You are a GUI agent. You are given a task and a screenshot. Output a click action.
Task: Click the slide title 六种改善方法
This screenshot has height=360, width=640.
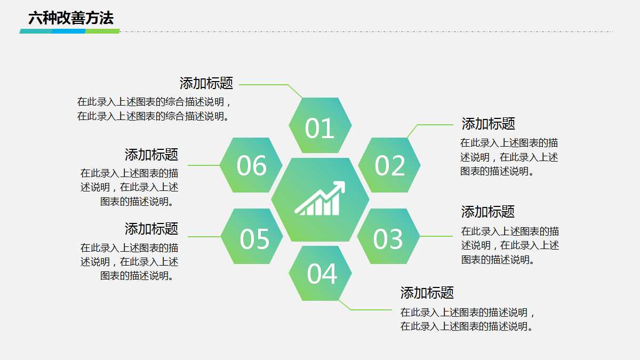[x=71, y=19]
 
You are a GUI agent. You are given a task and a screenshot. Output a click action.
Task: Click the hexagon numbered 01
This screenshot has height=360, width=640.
[x=320, y=126]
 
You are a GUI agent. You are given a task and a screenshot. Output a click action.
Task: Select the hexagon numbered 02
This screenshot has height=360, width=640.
[x=390, y=165]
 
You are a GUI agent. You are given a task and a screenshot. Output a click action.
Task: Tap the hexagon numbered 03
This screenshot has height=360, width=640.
[x=388, y=237]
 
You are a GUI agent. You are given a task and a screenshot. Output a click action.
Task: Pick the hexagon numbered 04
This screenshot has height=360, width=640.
[x=321, y=273]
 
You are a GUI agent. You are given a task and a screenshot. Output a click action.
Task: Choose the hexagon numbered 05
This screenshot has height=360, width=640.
[x=253, y=237]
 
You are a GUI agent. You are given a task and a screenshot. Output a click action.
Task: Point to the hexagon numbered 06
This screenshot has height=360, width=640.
[x=251, y=165]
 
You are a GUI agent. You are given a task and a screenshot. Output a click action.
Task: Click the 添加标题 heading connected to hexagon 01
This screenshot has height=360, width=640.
[x=206, y=83]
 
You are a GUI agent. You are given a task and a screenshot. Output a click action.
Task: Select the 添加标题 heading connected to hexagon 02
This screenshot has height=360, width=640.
[x=488, y=124]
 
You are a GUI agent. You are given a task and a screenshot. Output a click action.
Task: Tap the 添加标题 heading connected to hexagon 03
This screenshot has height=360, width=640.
[x=487, y=212]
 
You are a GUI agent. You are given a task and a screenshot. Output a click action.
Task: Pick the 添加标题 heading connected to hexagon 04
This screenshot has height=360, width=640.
[x=427, y=292]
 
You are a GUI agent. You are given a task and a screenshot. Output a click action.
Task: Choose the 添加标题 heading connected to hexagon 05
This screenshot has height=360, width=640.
[x=151, y=229]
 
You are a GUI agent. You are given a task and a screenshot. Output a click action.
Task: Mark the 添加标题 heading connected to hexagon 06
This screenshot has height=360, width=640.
[x=151, y=155]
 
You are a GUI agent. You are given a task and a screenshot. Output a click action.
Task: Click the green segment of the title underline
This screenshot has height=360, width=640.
[x=102, y=31]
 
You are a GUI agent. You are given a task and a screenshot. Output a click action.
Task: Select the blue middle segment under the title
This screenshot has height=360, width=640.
[x=69, y=31]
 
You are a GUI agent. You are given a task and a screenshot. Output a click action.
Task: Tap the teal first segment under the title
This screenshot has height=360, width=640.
[x=36, y=31]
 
